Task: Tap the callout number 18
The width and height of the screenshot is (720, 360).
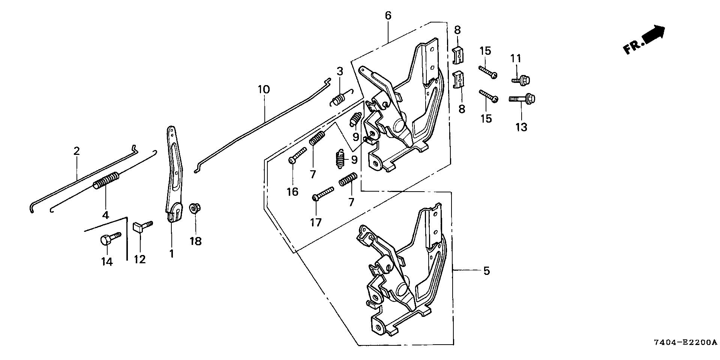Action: pyautogui.click(x=196, y=241)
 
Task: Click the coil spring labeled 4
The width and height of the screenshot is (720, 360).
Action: pyautogui.click(x=106, y=181)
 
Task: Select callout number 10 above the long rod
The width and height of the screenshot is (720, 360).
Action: pyautogui.click(x=264, y=90)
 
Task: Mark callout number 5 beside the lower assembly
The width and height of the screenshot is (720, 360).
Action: pyautogui.click(x=486, y=271)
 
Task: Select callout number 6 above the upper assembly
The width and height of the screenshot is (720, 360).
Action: pyautogui.click(x=388, y=16)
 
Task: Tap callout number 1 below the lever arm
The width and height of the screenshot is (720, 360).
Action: pyautogui.click(x=171, y=254)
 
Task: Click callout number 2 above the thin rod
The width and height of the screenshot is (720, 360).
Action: pyautogui.click(x=76, y=151)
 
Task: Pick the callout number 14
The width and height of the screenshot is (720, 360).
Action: pyautogui.click(x=107, y=261)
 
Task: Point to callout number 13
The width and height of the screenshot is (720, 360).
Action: pyautogui.click(x=521, y=127)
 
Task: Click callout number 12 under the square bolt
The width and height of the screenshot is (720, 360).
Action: pyautogui.click(x=139, y=259)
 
